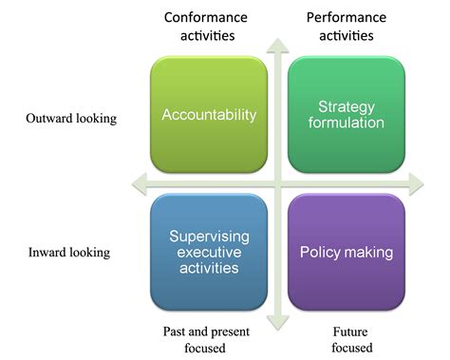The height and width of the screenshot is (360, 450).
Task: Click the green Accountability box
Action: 210,115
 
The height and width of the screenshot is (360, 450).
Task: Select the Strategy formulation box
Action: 346,115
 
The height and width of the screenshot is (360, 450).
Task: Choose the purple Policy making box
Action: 346,253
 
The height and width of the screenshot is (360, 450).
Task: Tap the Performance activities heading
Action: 345,27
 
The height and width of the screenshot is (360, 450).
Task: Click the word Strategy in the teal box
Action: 346,106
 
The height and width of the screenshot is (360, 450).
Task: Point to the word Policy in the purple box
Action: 321,253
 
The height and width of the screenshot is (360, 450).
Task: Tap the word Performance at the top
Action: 345,17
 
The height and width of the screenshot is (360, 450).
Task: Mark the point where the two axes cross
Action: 277,182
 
